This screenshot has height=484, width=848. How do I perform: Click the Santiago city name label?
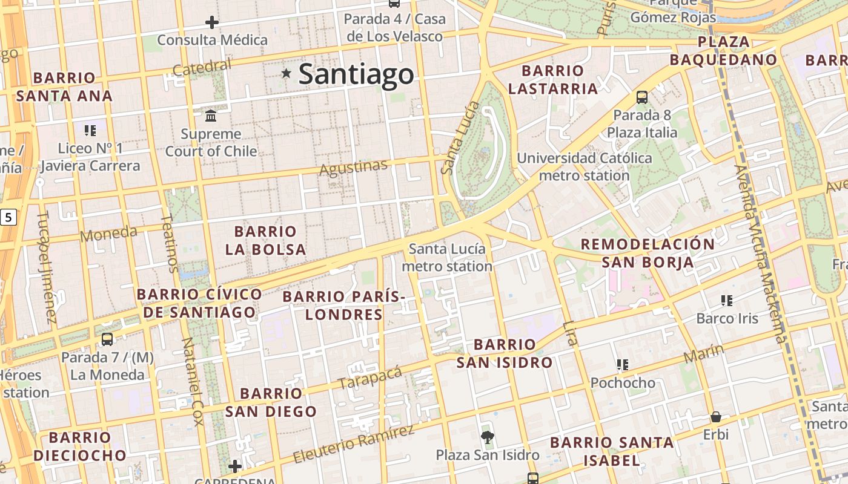pyautogui.click(x=356, y=74)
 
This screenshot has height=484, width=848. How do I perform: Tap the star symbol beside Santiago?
pyautogui.click(x=286, y=74)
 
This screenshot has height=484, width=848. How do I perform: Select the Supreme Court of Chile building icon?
pyautogui.click(x=211, y=116)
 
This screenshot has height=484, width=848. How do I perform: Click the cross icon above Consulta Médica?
pyautogui.click(x=211, y=23)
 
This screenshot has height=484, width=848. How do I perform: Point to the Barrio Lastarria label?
pyautogui.click(x=552, y=80)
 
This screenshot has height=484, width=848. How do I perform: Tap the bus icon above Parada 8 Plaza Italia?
pyautogui.click(x=642, y=97)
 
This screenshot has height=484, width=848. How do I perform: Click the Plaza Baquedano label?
pyautogui.click(x=723, y=51)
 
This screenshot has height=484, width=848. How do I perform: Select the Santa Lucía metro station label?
pyautogui.click(x=447, y=258)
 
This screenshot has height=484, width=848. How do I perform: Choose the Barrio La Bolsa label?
pyautogui.click(x=265, y=240)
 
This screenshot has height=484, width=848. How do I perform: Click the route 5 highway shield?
pyautogui.click(x=7, y=217)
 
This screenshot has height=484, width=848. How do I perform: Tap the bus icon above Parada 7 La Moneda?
pyautogui.click(x=107, y=339)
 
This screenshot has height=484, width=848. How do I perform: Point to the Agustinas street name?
pyautogui.click(x=353, y=168)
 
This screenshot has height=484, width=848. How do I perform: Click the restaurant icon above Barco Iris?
pyautogui.click(x=727, y=300)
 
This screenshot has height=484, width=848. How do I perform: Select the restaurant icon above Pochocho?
pyautogui.click(x=622, y=364)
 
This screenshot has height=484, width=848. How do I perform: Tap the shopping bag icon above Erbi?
pyautogui.click(x=716, y=417)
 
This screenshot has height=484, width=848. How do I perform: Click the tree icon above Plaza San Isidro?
pyautogui.click(x=487, y=437)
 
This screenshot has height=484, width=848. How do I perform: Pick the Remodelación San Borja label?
pyautogui.click(x=648, y=253)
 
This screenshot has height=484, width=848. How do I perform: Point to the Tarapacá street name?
pyautogui.click(x=370, y=378)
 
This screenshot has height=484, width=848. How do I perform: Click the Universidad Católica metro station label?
pyautogui.click(x=585, y=167)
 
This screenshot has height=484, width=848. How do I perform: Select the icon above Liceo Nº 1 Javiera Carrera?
pyautogui.click(x=90, y=130)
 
